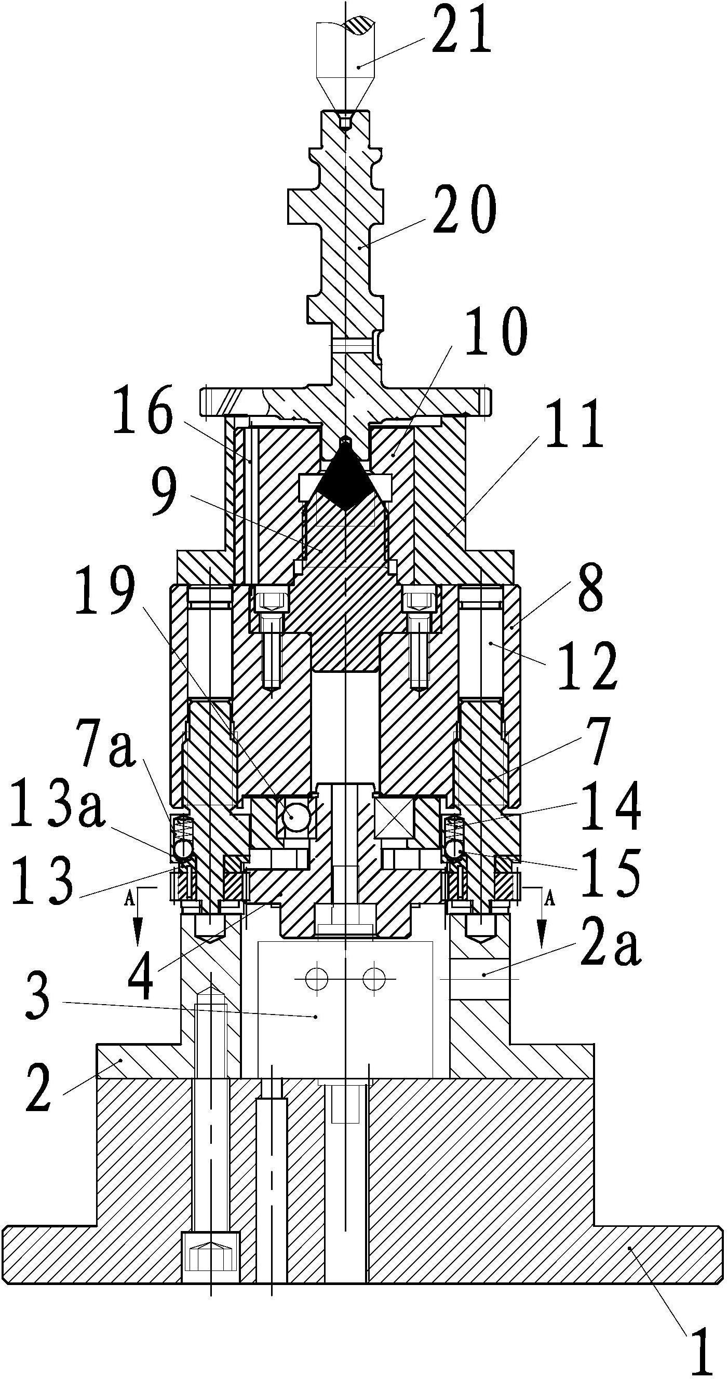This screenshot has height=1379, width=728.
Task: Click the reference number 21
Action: click(461, 29)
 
